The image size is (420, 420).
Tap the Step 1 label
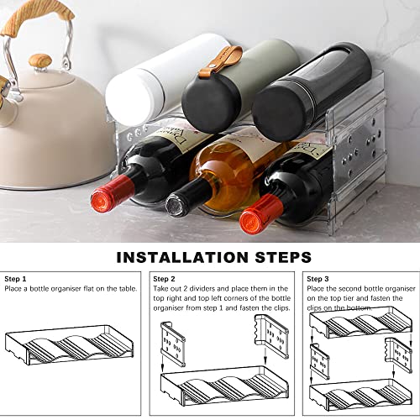(x=16, y=279)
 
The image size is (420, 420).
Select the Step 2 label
(x=165, y=279)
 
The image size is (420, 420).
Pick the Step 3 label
(x=318, y=279)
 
